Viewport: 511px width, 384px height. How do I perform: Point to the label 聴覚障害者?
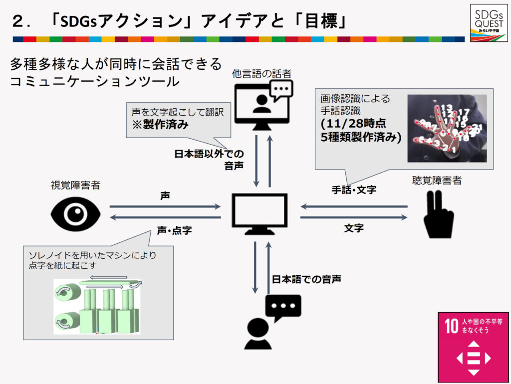click(437, 181)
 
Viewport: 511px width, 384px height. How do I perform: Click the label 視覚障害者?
click(75, 186)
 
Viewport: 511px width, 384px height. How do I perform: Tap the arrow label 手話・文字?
click(354, 190)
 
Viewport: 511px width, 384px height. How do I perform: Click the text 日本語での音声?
click(306, 279)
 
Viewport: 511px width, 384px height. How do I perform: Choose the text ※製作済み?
click(160, 125)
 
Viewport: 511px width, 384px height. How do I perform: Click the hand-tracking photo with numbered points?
click(447, 128)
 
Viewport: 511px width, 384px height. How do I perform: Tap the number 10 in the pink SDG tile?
click(451, 327)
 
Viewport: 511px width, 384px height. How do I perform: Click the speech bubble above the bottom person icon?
click(283, 306)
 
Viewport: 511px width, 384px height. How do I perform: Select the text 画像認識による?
click(355, 98)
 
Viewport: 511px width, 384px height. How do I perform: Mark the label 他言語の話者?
click(261, 74)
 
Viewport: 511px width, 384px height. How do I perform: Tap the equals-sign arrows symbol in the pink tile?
click(474, 358)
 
